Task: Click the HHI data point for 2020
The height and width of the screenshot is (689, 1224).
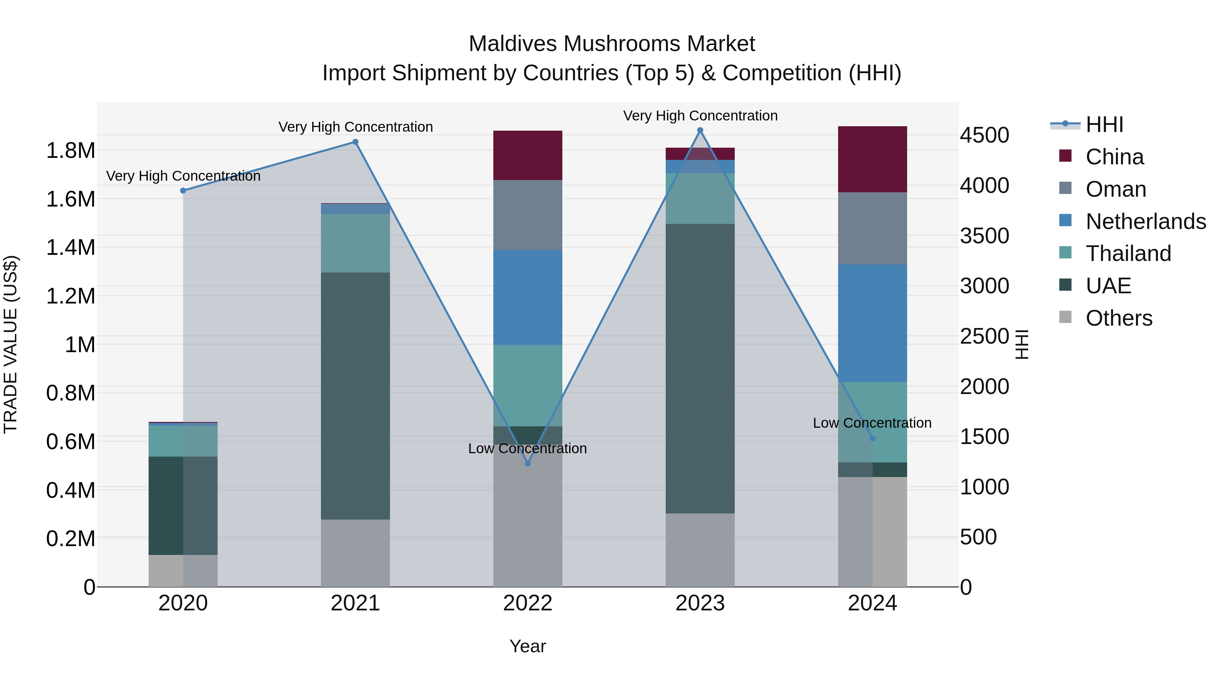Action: (183, 191)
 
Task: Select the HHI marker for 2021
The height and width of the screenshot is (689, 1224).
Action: (355, 142)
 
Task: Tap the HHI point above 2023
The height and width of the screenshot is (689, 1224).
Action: (700, 130)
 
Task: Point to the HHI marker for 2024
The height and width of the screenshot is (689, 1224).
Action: (872, 438)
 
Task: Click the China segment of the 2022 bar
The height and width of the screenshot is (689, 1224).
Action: (527, 155)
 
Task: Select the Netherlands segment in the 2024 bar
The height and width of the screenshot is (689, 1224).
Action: (872, 323)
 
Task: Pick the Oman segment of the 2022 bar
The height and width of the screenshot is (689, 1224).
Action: (527, 215)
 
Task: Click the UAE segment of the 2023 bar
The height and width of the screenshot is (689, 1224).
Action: (700, 368)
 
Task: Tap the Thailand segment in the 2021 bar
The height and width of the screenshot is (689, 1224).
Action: (355, 243)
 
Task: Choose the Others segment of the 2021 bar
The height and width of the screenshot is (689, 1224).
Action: (355, 553)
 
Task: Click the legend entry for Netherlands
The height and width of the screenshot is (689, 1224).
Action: (1145, 222)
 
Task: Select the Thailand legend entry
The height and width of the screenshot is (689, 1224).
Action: (1128, 253)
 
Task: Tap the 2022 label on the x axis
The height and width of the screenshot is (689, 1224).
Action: (527, 603)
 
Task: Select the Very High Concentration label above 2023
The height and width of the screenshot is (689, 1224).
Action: (700, 116)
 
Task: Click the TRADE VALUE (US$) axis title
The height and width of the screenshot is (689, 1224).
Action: (11, 344)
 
